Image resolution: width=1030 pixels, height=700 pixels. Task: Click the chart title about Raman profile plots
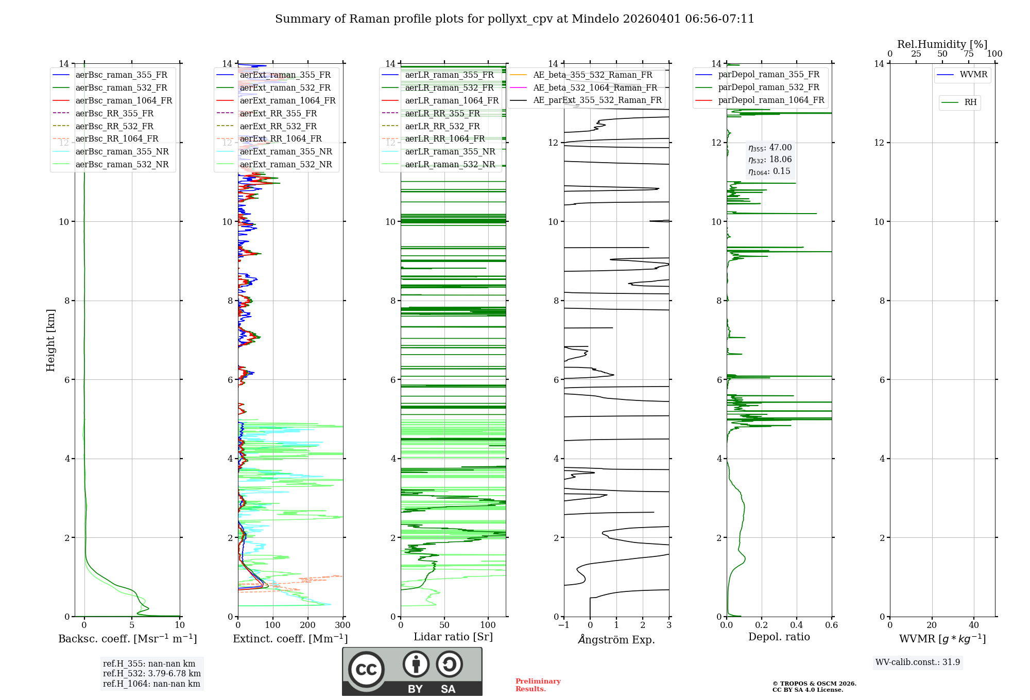click(x=514, y=19)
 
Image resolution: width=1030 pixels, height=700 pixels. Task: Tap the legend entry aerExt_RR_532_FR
click(x=278, y=126)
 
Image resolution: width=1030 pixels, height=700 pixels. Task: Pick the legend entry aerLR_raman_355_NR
click(x=450, y=151)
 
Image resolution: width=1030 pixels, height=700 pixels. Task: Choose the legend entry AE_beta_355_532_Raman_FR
click(x=592, y=75)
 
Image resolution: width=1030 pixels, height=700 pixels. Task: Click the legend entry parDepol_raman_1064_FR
click(x=771, y=100)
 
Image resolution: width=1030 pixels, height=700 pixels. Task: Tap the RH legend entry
click(x=970, y=102)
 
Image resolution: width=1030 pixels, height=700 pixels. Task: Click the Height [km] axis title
click(x=50, y=340)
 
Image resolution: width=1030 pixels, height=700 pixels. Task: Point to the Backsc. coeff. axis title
click(x=127, y=639)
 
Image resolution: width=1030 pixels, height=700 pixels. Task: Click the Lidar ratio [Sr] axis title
click(x=453, y=637)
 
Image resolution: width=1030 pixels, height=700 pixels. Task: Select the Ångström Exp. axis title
click(x=616, y=639)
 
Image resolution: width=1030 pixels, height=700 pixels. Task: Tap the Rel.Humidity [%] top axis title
click(x=942, y=44)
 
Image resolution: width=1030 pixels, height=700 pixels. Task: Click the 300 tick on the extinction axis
click(x=342, y=625)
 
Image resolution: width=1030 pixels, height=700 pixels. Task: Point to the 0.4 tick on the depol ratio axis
click(x=797, y=625)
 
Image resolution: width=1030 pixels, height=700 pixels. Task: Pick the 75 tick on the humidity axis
click(x=969, y=54)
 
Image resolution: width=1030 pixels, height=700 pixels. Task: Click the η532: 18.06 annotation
click(x=770, y=160)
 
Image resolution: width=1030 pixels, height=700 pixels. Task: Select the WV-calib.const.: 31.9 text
click(x=918, y=662)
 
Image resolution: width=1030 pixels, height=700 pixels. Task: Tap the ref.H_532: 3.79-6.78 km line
click(x=152, y=673)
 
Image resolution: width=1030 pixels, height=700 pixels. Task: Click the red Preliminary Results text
click(x=538, y=685)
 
